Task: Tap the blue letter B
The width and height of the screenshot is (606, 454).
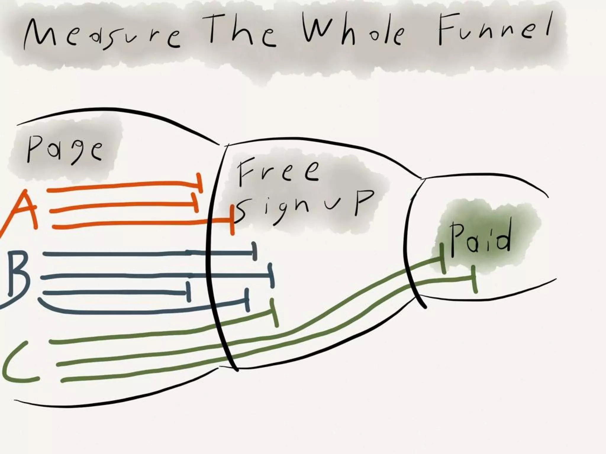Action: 18,273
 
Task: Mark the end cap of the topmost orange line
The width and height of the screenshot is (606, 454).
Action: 200,183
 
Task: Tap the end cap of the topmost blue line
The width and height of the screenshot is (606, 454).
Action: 254,251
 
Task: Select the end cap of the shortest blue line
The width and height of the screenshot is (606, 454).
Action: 188,292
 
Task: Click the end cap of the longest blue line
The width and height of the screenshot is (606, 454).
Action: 271,275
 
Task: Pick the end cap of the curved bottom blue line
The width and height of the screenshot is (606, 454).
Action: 246,300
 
